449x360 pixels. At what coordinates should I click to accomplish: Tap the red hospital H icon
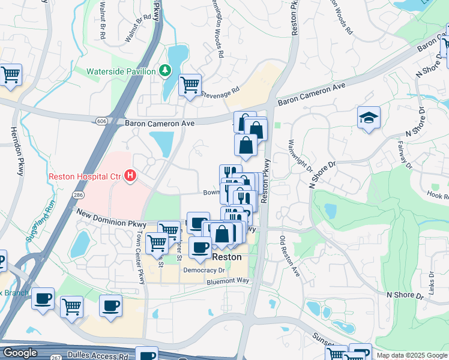coord(131,176)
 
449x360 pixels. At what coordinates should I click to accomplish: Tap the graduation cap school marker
coord(369,117)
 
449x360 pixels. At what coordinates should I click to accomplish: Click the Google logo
coord(20,353)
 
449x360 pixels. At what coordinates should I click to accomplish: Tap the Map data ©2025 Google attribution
coord(411,355)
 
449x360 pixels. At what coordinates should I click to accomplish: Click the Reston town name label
coord(228,256)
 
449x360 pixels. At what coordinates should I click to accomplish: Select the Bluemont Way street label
coord(228,280)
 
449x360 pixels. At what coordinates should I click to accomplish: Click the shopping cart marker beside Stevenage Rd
coord(190,85)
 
